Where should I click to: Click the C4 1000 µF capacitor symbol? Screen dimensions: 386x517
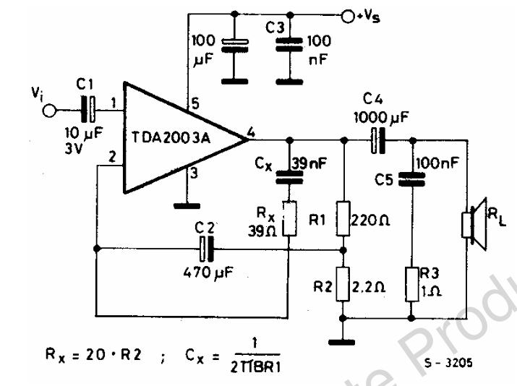[376, 139]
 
